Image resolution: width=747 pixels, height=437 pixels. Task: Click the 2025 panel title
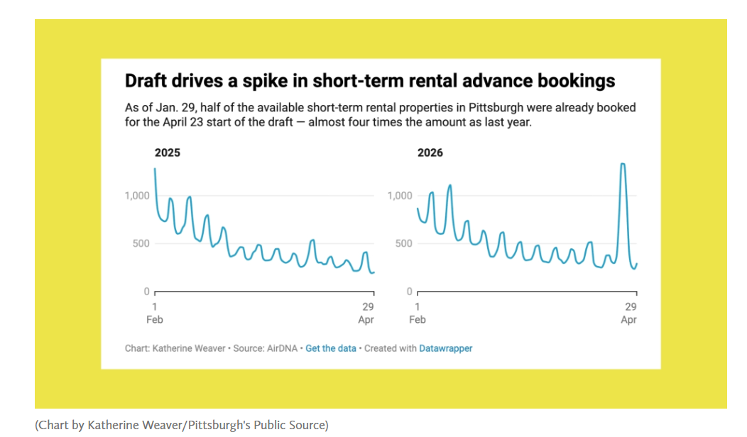point(168,153)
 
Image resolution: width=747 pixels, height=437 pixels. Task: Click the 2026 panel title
point(430,153)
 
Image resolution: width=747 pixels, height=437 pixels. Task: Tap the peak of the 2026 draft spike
point(623,165)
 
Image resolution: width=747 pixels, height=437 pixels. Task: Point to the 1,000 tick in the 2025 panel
point(137,196)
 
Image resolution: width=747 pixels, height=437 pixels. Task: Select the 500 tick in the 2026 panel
point(402,244)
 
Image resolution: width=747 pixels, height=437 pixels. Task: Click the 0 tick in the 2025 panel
point(146,292)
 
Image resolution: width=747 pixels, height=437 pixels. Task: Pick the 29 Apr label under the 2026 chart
point(629,313)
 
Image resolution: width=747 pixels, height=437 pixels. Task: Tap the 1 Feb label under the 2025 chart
point(155,313)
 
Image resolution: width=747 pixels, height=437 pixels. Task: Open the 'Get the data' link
point(331,348)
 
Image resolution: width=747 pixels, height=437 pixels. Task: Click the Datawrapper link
point(446,348)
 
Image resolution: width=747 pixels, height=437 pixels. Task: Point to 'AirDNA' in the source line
point(283,348)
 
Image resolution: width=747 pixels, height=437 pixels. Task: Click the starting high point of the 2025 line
point(155,169)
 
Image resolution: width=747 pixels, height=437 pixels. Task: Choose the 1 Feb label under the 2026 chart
point(418,313)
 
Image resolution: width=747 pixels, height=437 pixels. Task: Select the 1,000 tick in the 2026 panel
point(400,196)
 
